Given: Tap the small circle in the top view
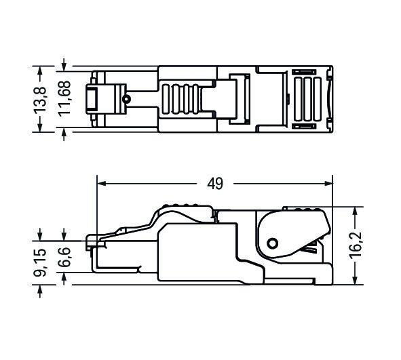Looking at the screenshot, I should pos(126,100).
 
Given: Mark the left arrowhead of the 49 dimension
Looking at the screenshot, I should pos(101,182).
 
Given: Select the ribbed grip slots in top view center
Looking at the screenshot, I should pos(183,100).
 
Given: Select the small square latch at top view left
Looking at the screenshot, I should pos(91,100).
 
